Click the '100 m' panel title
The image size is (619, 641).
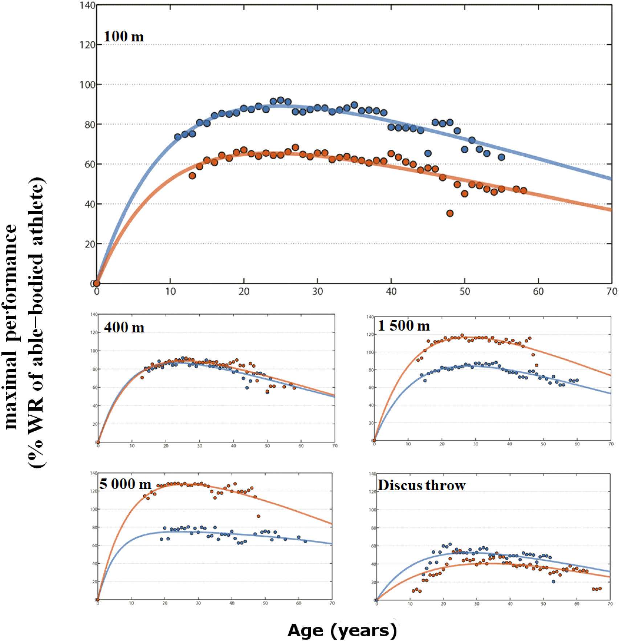[123, 36]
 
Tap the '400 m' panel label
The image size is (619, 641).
[124, 327]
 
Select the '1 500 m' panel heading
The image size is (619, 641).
[404, 325]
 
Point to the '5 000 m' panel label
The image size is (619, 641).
[125, 484]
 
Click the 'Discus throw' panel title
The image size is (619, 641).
[421, 485]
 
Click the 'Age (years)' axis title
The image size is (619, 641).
[342, 630]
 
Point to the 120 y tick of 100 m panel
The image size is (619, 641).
[87, 45]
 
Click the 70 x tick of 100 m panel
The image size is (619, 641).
[612, 291]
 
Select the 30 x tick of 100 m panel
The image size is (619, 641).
[317, 291]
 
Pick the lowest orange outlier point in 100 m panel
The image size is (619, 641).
[450, 213]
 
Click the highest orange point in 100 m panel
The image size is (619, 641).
[295, 148]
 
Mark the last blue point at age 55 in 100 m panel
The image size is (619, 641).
[501, 157]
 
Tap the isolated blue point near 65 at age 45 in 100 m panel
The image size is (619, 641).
[428, 153]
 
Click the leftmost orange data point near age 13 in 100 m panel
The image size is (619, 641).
[192, 176]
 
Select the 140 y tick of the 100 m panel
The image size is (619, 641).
[87, 5]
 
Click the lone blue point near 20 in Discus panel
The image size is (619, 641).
[553, 581]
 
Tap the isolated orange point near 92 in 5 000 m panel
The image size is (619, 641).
[258, 516]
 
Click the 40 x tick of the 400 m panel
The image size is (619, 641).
[233, 446]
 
